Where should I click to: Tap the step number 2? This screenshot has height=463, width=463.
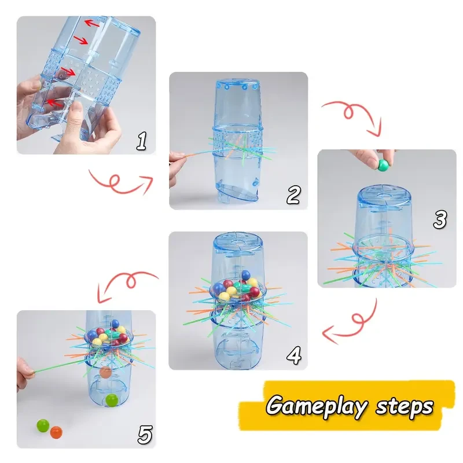[x=293, y=195]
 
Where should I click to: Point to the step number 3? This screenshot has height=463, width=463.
[x=440, y=219]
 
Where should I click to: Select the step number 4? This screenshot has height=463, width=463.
[x=294, y=355]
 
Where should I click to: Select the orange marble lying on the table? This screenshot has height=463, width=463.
[x=56, y=432]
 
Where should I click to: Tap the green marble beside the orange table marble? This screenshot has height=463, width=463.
[x=42, y=426]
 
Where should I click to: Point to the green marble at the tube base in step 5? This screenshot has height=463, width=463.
[x=112, y=399]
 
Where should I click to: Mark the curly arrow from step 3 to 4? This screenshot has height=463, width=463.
[x=353, y=324]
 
